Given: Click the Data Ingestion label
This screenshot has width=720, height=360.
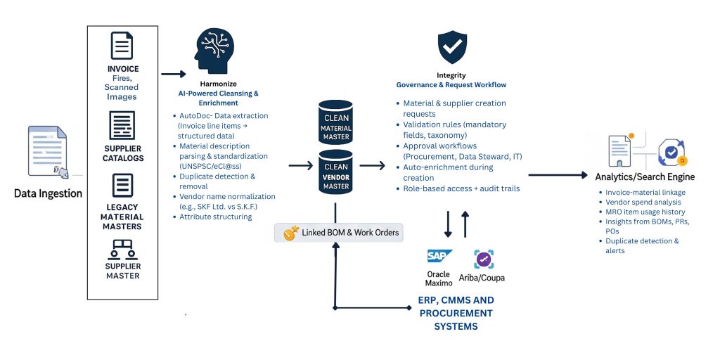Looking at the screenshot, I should click(48, 193).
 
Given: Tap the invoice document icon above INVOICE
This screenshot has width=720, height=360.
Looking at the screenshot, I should click(122, 46).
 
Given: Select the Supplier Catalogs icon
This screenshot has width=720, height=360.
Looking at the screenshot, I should click(122, 126).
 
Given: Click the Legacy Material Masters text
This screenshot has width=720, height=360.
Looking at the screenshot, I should click(122, 217).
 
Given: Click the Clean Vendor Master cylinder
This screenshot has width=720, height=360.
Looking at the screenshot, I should click(335, 173).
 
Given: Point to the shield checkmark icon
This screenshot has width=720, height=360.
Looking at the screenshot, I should click(451, 47).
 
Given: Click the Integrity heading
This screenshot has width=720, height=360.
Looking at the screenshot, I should click(451, 75).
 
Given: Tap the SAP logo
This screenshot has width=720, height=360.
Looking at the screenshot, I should click(439, 256).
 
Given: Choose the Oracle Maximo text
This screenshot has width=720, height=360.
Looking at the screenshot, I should click(439, 278).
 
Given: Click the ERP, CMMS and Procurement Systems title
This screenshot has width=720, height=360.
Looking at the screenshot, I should click(456, 313).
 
